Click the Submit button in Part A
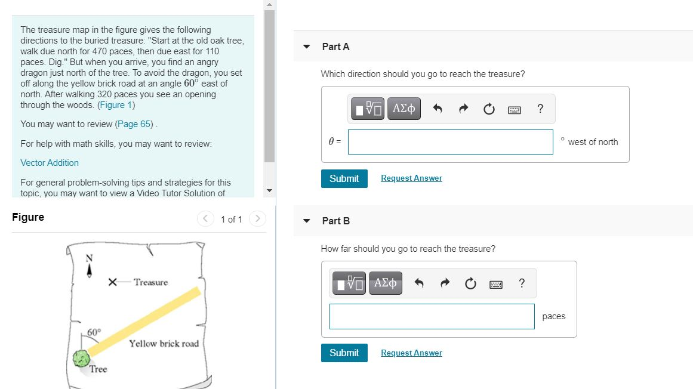tap(344, 178)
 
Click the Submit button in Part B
tap(344, 353)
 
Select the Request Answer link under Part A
tap(411, 178)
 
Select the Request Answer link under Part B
tap(411, 353)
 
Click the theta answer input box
tap(451, 142)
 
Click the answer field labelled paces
tap(432, 316)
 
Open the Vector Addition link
tap(50, 163)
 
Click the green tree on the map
tap(81, 359)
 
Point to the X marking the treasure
tap(113, 282)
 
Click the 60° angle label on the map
tap(94, 332)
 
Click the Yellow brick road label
tap(164, 344)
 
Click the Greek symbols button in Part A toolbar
tap(404, 109)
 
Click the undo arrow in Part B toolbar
tap(419, 283)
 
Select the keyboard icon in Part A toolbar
tap(515, 110)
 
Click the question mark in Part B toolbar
tap(522, 283)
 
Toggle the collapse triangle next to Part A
tap(307, 47)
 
